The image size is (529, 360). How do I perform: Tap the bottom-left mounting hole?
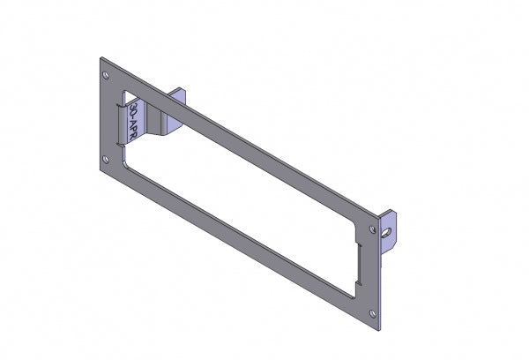pyautogui.click(x=106, y=160)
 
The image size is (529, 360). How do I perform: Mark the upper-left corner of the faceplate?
pyautogui.click(x=100, y=60)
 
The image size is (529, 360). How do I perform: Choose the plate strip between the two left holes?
pyautogui.click(x=107, y=117)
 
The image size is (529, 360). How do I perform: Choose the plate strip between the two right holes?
pyautogui.click(x=374, y=268)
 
